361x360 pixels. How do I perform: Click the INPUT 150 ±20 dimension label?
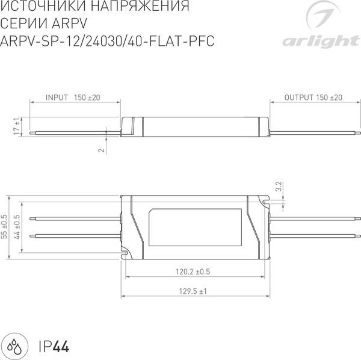[x=72, y=97]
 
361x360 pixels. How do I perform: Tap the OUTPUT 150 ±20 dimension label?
[x=313, y=97]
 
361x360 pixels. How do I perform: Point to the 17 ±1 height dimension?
[x=16, y=127]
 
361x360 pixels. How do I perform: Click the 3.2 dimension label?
[x=278, y=187]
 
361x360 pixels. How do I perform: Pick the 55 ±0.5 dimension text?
[x=5, y=228]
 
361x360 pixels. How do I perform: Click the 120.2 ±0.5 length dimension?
[x=193, y=272]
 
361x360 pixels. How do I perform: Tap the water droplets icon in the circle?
[x=16, y=346]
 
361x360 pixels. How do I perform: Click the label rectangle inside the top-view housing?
[x=196, y=229]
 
